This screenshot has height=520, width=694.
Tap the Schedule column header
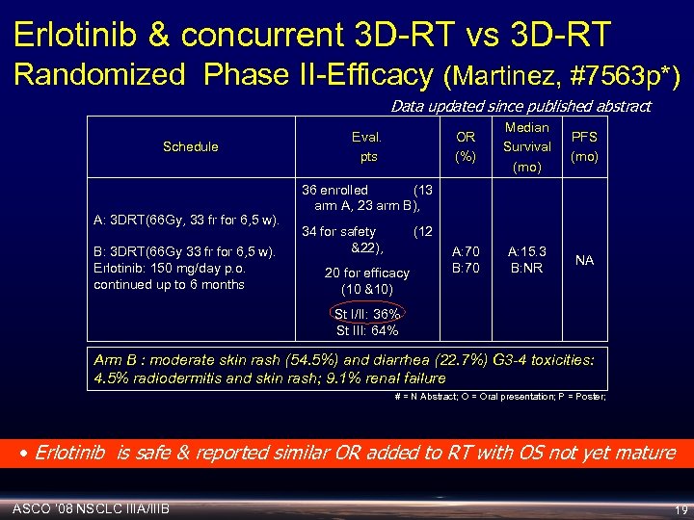click(x=190, y=146)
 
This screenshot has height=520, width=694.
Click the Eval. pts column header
click(x=367, y=146)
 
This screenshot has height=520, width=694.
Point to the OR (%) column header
click(x=466, y=146)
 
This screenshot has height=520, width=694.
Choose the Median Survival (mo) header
click(x=526, y=146)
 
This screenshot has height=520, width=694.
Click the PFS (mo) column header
click(x=584, y=146)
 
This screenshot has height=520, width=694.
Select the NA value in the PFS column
click(x=584, y=260)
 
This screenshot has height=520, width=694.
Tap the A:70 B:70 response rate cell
click(x=466, y=260)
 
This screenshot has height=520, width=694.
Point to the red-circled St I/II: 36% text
click(x=366, y=315)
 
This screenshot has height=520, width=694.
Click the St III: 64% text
click(x=366, y=330)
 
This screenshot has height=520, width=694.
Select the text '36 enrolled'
click(x=335, y=190)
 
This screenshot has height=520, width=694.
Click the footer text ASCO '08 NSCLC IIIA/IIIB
click(x=93, y=507)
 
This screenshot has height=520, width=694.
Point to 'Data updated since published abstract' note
click(x=520, y=106)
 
